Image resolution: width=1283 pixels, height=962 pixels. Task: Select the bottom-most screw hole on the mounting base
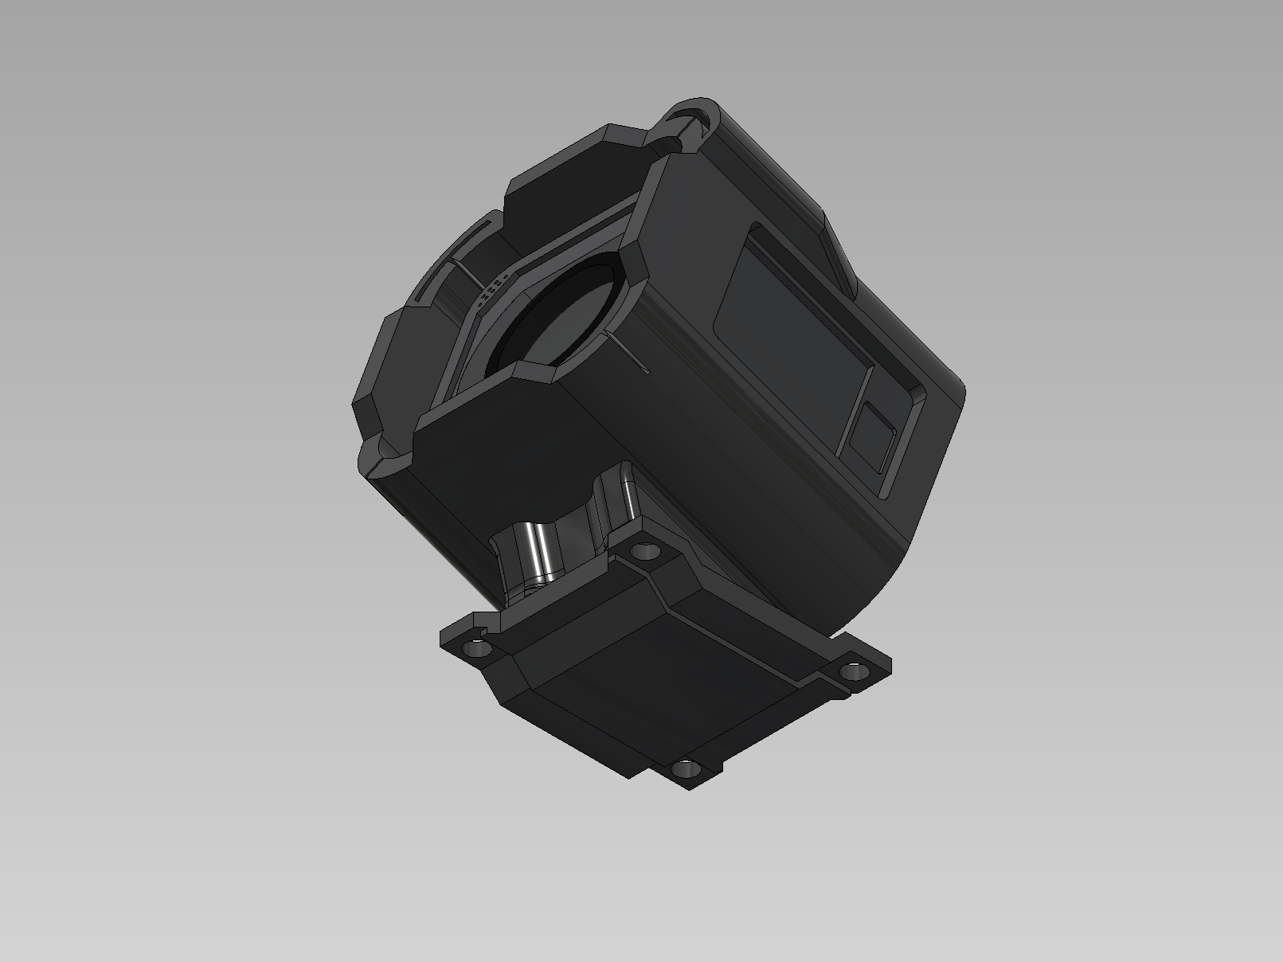[684, 769]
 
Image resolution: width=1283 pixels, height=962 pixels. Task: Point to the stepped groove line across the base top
[717, 621]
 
